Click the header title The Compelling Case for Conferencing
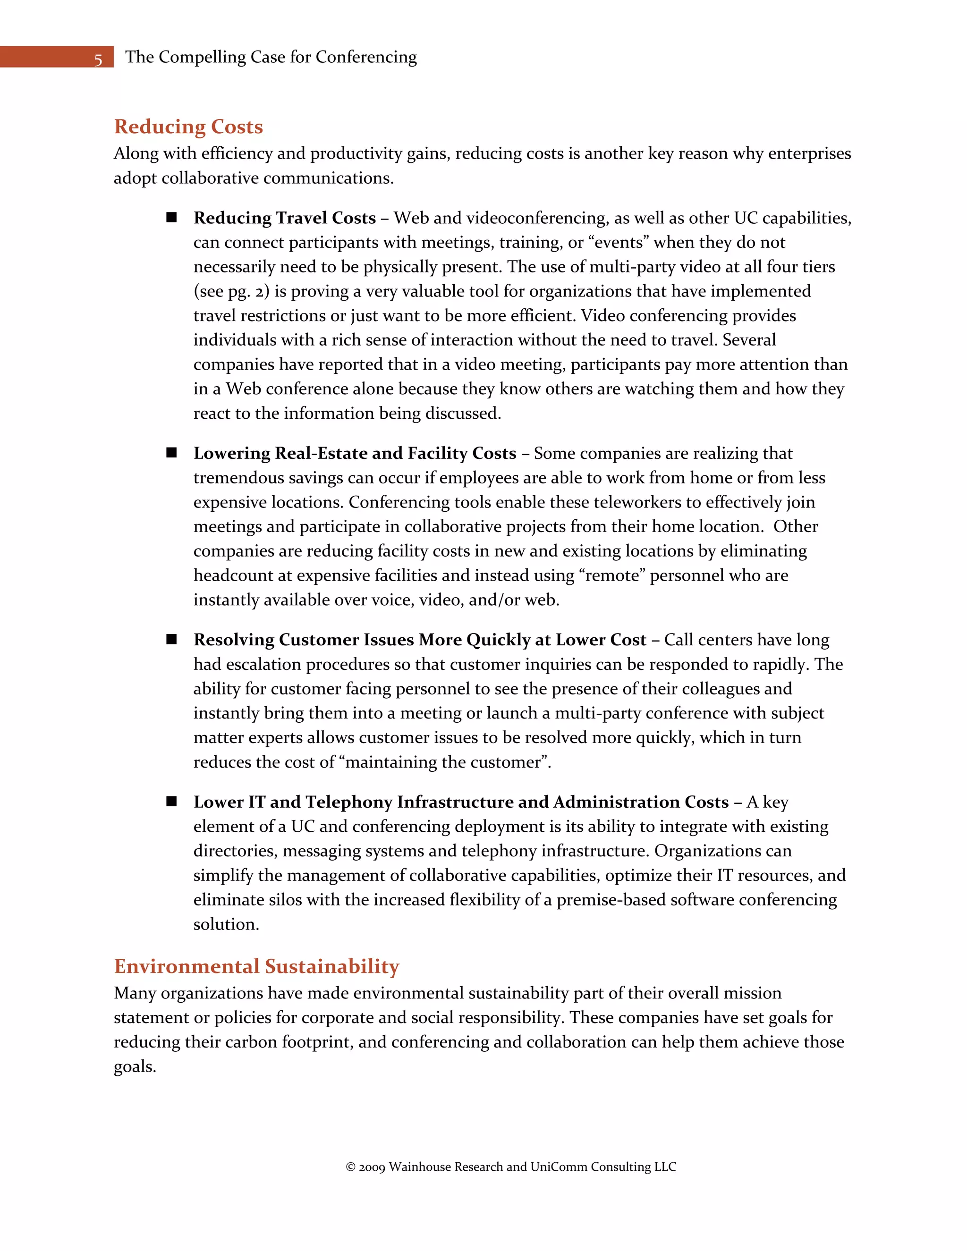(271, 57)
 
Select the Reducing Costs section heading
(188, 127)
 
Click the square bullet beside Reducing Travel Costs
(171, 218)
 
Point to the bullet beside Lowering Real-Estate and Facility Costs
(171, 453)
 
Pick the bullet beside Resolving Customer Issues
(171, 639)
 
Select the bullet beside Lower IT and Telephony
(171, 802)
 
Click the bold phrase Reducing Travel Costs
(284, 218)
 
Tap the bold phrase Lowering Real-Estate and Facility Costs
(355, 453)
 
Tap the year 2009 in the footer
(372, 1167)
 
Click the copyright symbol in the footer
(351, 1167)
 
